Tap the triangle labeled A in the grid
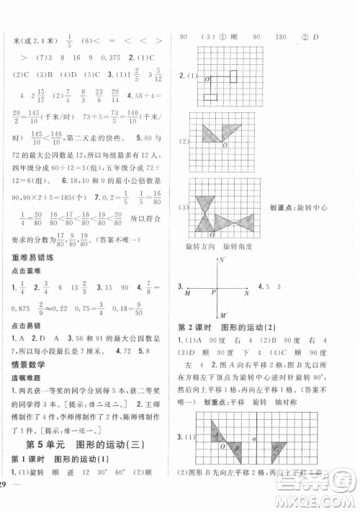[x=217, y=434]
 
